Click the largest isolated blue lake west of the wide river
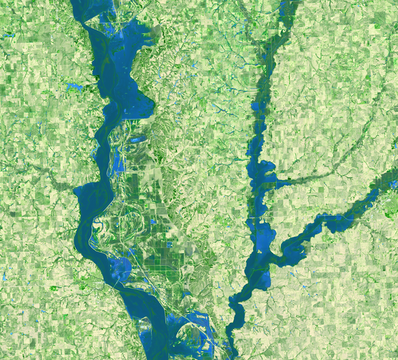74,87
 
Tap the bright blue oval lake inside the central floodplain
138,140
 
